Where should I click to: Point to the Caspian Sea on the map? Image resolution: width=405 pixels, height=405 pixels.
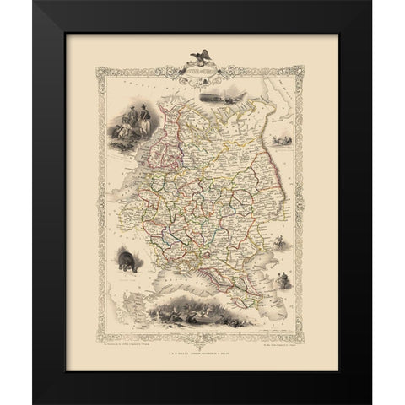click(257, 274)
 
